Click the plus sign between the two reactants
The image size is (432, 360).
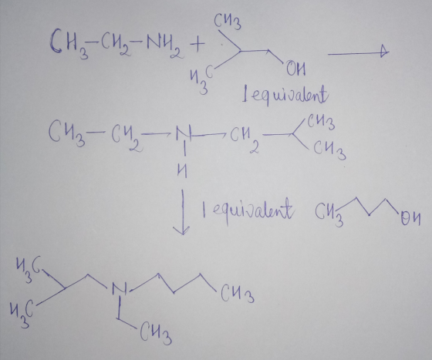[x=197, y=44]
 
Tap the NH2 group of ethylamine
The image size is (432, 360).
[x=165, y=46]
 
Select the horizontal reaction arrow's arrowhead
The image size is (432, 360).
[x=385, y=51]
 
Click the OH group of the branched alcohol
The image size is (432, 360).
[x=295, y=69]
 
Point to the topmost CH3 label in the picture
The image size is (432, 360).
[x=228, y=22]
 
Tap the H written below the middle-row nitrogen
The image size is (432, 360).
[x=182, y=171]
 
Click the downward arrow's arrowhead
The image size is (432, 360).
[x=181, y=230]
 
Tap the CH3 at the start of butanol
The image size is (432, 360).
[x=329, y=214]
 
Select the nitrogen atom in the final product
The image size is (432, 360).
[x=119, y=288]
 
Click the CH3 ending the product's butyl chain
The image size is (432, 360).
[x=237, y=294]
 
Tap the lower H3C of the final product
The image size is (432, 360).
[x=22, y=314]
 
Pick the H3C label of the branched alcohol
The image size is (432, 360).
[x=201, y=80]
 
